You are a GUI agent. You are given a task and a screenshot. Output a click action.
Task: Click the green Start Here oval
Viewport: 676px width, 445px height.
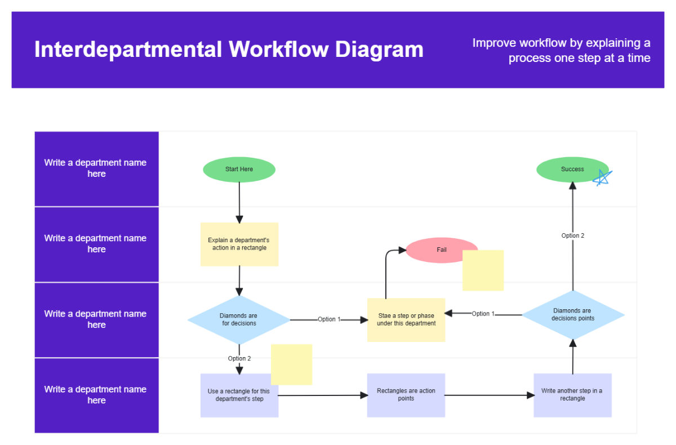(x=239, y=170)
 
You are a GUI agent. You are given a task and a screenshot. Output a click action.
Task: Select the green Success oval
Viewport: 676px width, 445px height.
(x=569, y=170)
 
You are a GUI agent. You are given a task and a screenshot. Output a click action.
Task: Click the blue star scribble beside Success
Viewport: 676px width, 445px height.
(x=602, y=178)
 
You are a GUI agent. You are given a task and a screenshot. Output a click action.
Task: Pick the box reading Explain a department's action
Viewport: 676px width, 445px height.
(x=239, y=244)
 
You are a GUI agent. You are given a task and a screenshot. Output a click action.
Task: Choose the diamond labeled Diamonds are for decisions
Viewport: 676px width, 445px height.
(x=239, y=320)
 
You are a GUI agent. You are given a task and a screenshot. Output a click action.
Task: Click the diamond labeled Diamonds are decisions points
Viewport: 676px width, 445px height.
(x=573, y=315)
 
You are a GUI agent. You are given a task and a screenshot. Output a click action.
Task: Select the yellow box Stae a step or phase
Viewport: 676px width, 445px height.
(x=406, y=320)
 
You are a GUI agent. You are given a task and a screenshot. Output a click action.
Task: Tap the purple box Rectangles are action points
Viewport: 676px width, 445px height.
(x=406, y=395)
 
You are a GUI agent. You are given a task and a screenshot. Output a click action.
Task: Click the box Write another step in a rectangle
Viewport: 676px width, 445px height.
(x=572, y=395)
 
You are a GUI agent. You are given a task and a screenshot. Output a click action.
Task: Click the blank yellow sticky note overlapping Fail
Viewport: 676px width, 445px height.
(x=483, y=270)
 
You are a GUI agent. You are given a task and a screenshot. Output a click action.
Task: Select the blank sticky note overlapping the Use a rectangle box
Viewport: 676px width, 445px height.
(x=291, y=364)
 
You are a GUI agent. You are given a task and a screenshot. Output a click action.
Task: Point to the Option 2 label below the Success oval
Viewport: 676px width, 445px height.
(x=573, y=235)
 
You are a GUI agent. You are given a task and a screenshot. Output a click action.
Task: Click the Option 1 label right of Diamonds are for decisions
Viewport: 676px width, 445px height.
(x=329, y=319)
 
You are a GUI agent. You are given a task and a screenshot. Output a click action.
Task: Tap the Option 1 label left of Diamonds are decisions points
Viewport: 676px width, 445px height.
(x=483, y=314)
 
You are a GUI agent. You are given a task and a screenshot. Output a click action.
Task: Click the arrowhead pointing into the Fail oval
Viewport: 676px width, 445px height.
(x=401, y=250)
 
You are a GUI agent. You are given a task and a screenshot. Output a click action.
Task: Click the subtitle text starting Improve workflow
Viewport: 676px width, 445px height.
(x=561, y=51)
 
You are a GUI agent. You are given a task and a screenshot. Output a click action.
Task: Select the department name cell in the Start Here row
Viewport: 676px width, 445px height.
(x=96, y=168)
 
